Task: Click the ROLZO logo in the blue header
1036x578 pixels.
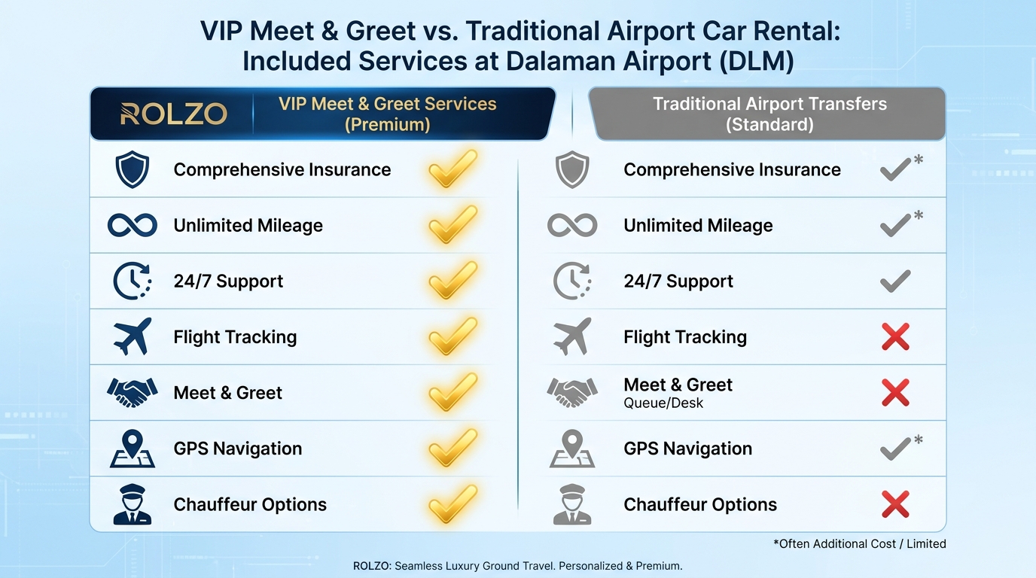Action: click(x=173, y=114)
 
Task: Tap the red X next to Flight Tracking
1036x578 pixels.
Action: click(x=895, y=336)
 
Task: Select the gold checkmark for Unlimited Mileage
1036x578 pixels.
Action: click(x=452, y=225)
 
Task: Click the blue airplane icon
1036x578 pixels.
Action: click(x=133, y=336)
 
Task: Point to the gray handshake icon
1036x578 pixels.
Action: click(x=572, y=392)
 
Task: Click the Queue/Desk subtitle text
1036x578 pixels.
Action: click(x=663, y=403)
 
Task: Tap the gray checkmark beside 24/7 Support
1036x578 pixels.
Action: click(x=895, y=281)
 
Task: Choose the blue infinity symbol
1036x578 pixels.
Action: click(x=133, y=225)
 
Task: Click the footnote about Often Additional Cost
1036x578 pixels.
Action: click(x=859, y=543)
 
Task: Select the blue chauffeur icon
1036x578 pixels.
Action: click(x=133, y=504)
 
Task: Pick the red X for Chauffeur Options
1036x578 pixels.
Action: click(x=895, y=504)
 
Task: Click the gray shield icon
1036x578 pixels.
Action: click(x=572, y=170)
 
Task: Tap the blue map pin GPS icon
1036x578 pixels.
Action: click(x=133, y=449)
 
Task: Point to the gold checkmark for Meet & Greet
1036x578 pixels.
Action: click(x=452, y=392)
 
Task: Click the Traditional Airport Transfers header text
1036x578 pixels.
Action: click(x=769, y=114)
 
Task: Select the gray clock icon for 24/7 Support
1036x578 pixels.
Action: click(x=572, y=281)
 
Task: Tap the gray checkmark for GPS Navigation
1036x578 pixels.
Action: click(x=895, y=449)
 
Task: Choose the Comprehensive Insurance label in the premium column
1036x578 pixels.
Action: click(x=282, y=170)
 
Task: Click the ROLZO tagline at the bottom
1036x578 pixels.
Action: click(x=517, y=566)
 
